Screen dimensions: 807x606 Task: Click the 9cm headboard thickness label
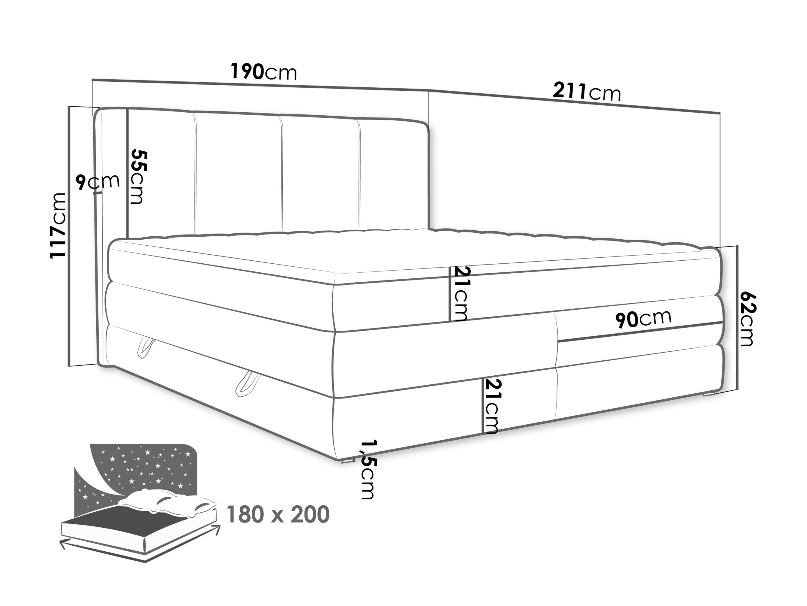coord(98,182)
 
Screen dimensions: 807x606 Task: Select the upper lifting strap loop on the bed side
coord(145,346)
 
